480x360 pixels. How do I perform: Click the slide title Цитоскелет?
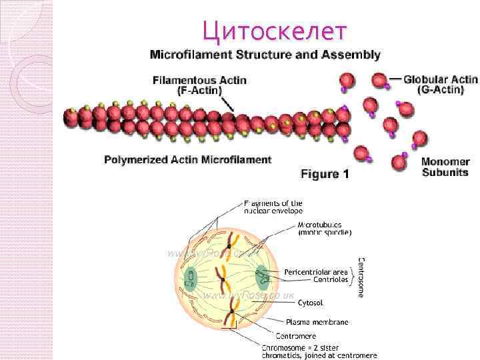point(275,30)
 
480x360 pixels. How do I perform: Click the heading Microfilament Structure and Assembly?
point(265,55)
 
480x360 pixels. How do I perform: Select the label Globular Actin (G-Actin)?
point(440,85)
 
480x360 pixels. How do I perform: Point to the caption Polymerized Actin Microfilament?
point(188,159)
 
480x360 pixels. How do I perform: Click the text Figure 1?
point(325,175)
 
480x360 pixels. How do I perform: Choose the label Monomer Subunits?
point(445,167)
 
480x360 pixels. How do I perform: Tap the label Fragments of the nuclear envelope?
point(273,207)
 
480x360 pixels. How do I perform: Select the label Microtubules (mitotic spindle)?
point(324,229)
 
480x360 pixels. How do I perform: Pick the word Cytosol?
point(310,303)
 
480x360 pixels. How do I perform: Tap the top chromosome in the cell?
point(231,241)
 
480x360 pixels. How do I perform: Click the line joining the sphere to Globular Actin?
point(394,79)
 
